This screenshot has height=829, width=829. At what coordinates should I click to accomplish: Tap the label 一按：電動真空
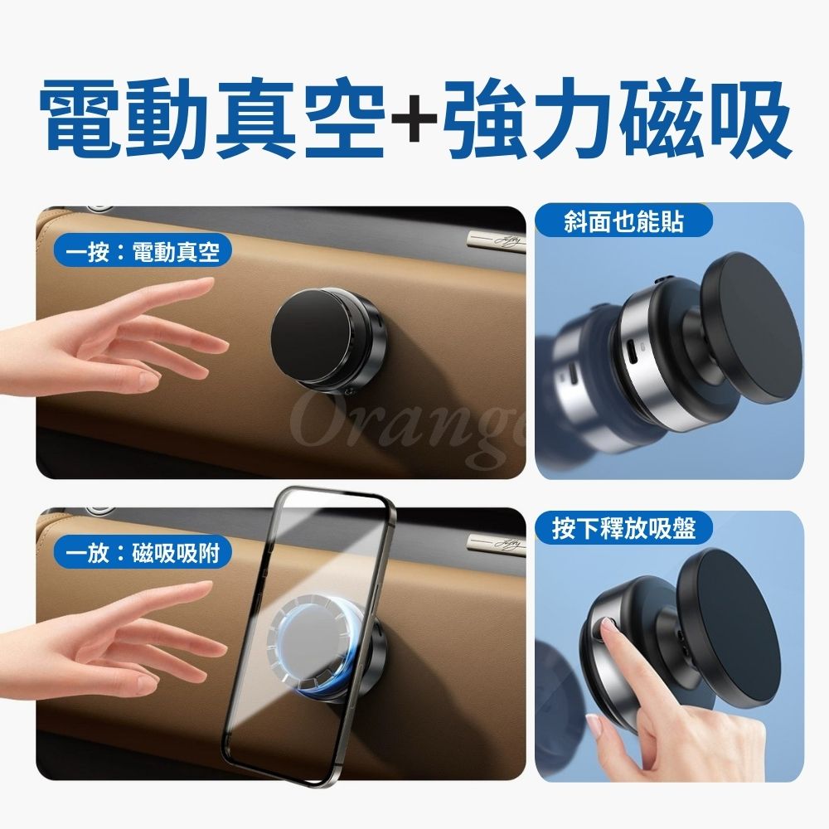pyautogui.click(x=143, y=252)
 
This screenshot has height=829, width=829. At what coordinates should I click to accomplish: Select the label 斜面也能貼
pyautogui.click(x=624, y=222)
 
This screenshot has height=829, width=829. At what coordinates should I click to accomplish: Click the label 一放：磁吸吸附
pyautogui.click(x=143, y=554)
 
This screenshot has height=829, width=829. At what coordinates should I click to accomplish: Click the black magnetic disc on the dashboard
pyautogui.click(x=312, y=338)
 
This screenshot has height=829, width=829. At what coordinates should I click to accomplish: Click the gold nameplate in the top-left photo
pyautogui.click(x=496, y=240)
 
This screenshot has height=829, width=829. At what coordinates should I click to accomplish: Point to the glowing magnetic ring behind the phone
pyautogui.click(x=320, y=644)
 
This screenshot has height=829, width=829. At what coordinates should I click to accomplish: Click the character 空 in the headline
pyautogui.click(x=343, y=119)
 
